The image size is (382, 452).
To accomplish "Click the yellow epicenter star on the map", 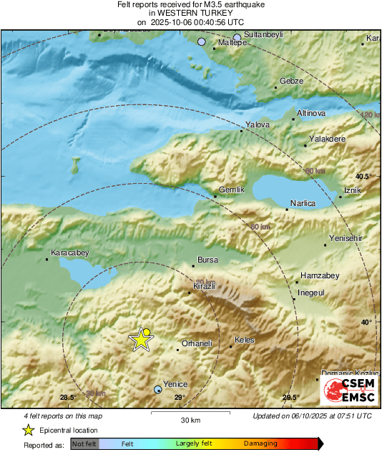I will [141, 340].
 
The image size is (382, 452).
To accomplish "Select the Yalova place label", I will [258, 125].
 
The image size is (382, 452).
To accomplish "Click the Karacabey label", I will [69, 253].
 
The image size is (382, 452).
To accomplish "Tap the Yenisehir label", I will [347, 238].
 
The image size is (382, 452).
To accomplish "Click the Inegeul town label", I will [311, 293].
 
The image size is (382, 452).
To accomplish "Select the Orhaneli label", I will [198, 344].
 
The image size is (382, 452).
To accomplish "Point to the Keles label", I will [245, 340].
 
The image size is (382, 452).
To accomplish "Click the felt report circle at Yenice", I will [158, 390].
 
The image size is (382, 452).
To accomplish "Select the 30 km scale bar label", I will [190, 419].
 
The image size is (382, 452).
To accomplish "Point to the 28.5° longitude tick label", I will [68, 398].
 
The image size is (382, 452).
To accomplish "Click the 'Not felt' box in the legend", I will [84, 443].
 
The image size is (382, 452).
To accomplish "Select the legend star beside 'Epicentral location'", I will [28, 430].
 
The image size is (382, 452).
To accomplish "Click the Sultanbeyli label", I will [265, 34].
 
